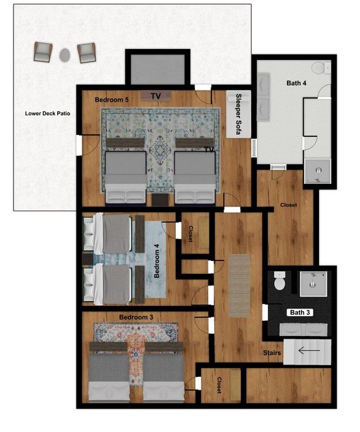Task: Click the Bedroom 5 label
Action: click(x=112, y=99)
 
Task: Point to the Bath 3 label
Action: click(x=300, y=312)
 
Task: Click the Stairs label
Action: click(x=273, y=352)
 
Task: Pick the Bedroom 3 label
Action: click(x=136, y=318)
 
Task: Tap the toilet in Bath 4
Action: click(x=318, y=67)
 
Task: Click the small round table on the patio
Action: click(x=65, y=53)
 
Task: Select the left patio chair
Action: click(x=43, y=51)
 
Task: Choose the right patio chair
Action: click(x=87, y=52)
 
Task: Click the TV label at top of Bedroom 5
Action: click(x=156, y=95)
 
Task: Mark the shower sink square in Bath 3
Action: click(x=314, y=283)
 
